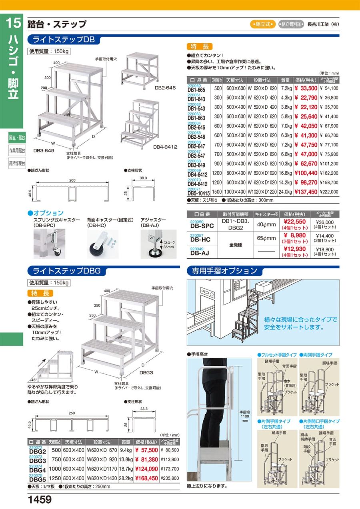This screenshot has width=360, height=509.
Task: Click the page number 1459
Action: pyautogui.click(x=40, y=499)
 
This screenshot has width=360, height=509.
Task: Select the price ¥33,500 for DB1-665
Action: pyautogui.click(x=306, y=88)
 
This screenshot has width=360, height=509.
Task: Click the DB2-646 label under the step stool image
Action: pyautogui.click(x=165, y=87)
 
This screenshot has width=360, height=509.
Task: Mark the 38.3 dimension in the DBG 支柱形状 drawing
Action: pyautogui.click(x=144, y=409)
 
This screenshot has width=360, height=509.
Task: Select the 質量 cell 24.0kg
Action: pyautogui.click(x=284, y=192)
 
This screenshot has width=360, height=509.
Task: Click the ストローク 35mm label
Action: pyautogui.click(x=168, y=245)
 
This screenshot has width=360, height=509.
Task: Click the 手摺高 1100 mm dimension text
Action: pyautogui.click(x=244, y=416)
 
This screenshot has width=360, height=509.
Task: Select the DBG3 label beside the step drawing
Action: pyautogui.click(x=146, y=372)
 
